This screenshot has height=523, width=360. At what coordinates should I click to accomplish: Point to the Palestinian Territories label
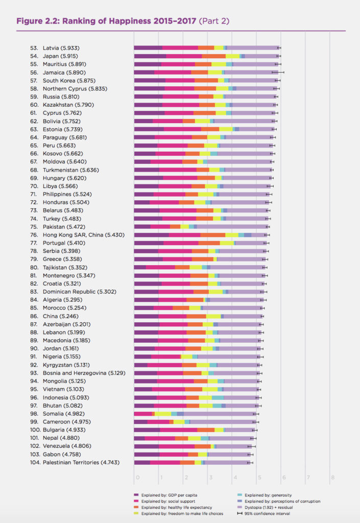(82, 462)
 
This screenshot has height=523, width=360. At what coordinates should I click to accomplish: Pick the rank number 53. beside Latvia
(34, 48)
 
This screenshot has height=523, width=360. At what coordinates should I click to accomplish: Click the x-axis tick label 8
(332, 478)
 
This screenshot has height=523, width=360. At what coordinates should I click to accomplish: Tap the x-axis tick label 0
(137, 478)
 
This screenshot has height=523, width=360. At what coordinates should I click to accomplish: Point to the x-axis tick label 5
(259, 478)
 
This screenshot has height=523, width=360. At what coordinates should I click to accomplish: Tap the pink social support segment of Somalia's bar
(142, 414)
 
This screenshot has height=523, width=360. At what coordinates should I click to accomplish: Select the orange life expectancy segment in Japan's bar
(213, 56)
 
